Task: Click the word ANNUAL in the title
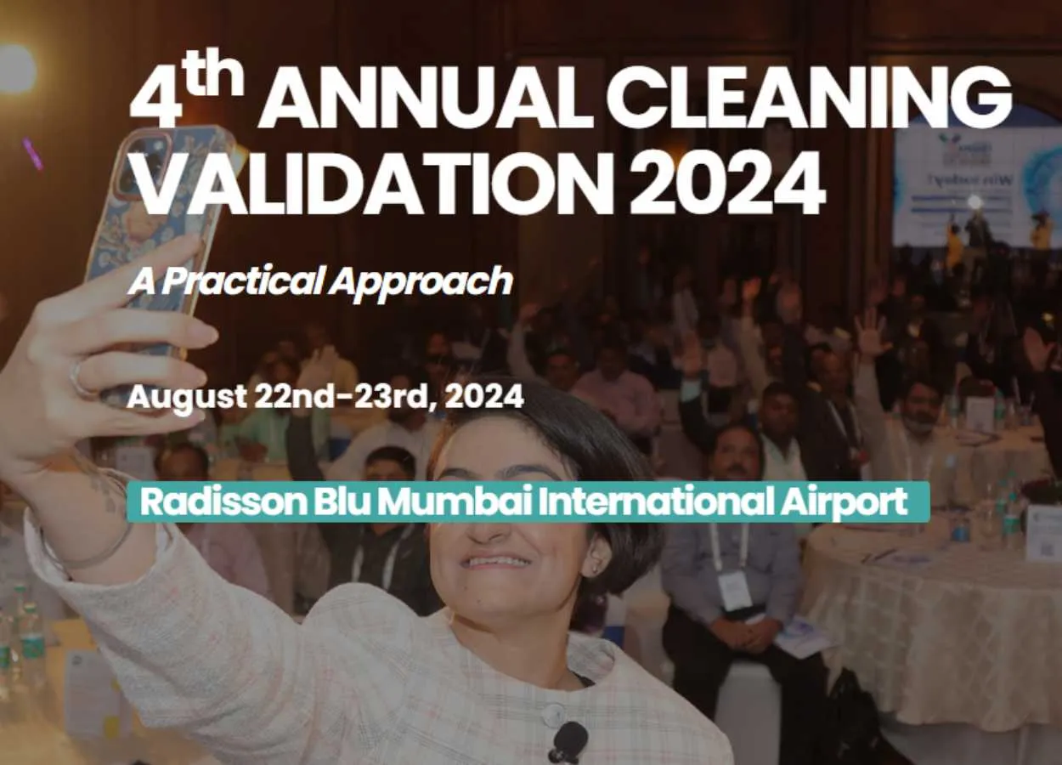[x=425, y=97]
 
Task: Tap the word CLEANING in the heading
[x=809, y=96]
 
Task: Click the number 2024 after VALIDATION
[x=727, y=183]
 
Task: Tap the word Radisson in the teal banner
[x=223, y=501]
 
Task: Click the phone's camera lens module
[x=144, y=162]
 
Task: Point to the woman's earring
[x=596, y=568]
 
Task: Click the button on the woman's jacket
[x=553, y=713]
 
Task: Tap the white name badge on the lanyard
[x=733, y=592]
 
